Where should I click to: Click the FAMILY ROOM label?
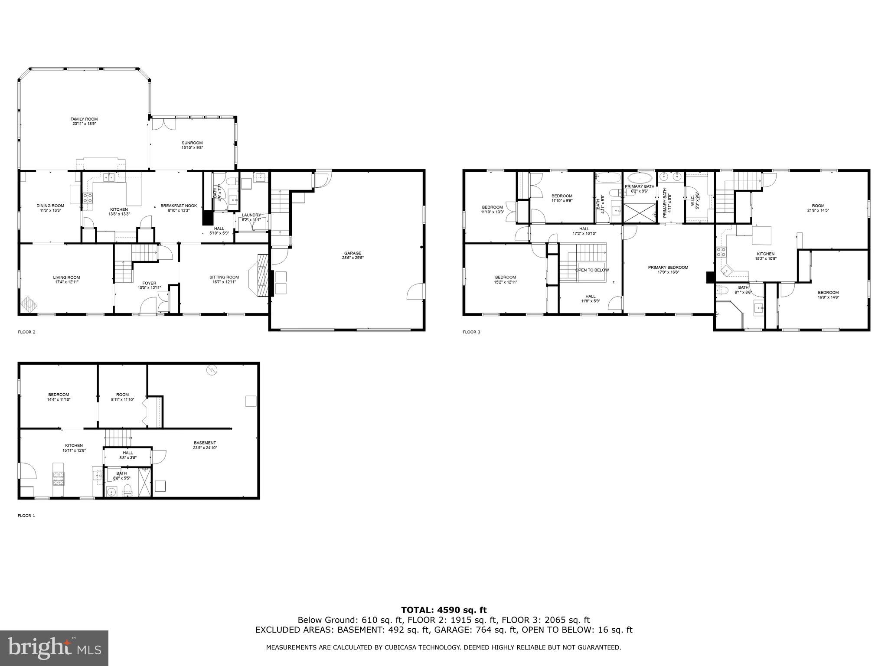tap(84, 119)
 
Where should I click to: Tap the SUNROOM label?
tap(192, 143)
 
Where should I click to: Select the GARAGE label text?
tap(353, 253)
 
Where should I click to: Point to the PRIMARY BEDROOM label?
tap(668, 268)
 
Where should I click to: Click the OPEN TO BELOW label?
tap(592, 270)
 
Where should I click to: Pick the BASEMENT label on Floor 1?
tap(205, 443)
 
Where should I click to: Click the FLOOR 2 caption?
tap(26, 332)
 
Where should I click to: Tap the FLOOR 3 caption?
tap(471, 332)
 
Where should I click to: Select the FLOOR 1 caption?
tap(26, 516)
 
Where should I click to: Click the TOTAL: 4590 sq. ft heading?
tap(444, 610)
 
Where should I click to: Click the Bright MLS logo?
tap(54, 648)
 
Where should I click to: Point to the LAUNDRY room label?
tap(251, 215)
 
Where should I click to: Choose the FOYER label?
tap(149, 283)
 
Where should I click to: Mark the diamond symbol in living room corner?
tap(28, 304)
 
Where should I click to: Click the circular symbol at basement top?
tap(212, 370)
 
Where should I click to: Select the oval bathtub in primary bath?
tap(640, 178)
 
